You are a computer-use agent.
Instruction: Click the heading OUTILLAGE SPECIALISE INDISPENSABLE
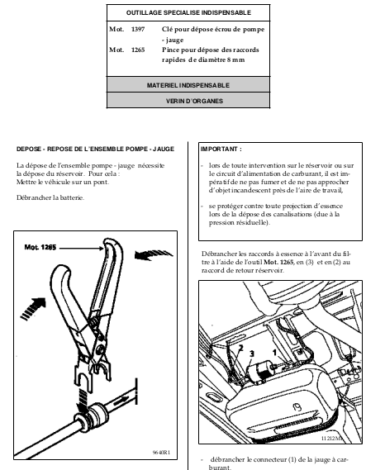pos(188,12)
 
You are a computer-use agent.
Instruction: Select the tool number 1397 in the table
pos(138,30)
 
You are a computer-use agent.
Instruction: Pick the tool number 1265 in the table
pos(138,50)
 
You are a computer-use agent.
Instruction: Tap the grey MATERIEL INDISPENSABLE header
pos(188,85)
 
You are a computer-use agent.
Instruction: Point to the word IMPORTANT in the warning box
pos(220,149)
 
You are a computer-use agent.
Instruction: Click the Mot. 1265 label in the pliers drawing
pos(40,247)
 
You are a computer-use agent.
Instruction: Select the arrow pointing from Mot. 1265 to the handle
pos(81,248)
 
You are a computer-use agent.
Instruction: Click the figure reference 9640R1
pos(161,453)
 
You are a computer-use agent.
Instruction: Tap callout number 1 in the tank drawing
pos(274,353)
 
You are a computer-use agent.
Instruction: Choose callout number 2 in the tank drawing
pos(240,348)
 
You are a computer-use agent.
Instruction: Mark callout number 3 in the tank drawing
pos(252,354)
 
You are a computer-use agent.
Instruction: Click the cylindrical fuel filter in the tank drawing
pos(259,372)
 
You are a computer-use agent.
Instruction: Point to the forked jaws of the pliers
pos(93,373)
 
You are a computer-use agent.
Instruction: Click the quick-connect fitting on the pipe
pos(91,416)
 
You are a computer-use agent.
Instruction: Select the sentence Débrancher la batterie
pos(50,197)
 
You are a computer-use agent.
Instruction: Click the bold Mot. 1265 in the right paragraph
pos(278,262)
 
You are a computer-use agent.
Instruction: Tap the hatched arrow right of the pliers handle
pos(154,254)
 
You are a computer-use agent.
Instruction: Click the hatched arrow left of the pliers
pos(33,309)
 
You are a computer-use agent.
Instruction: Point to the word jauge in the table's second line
pos(174,40)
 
